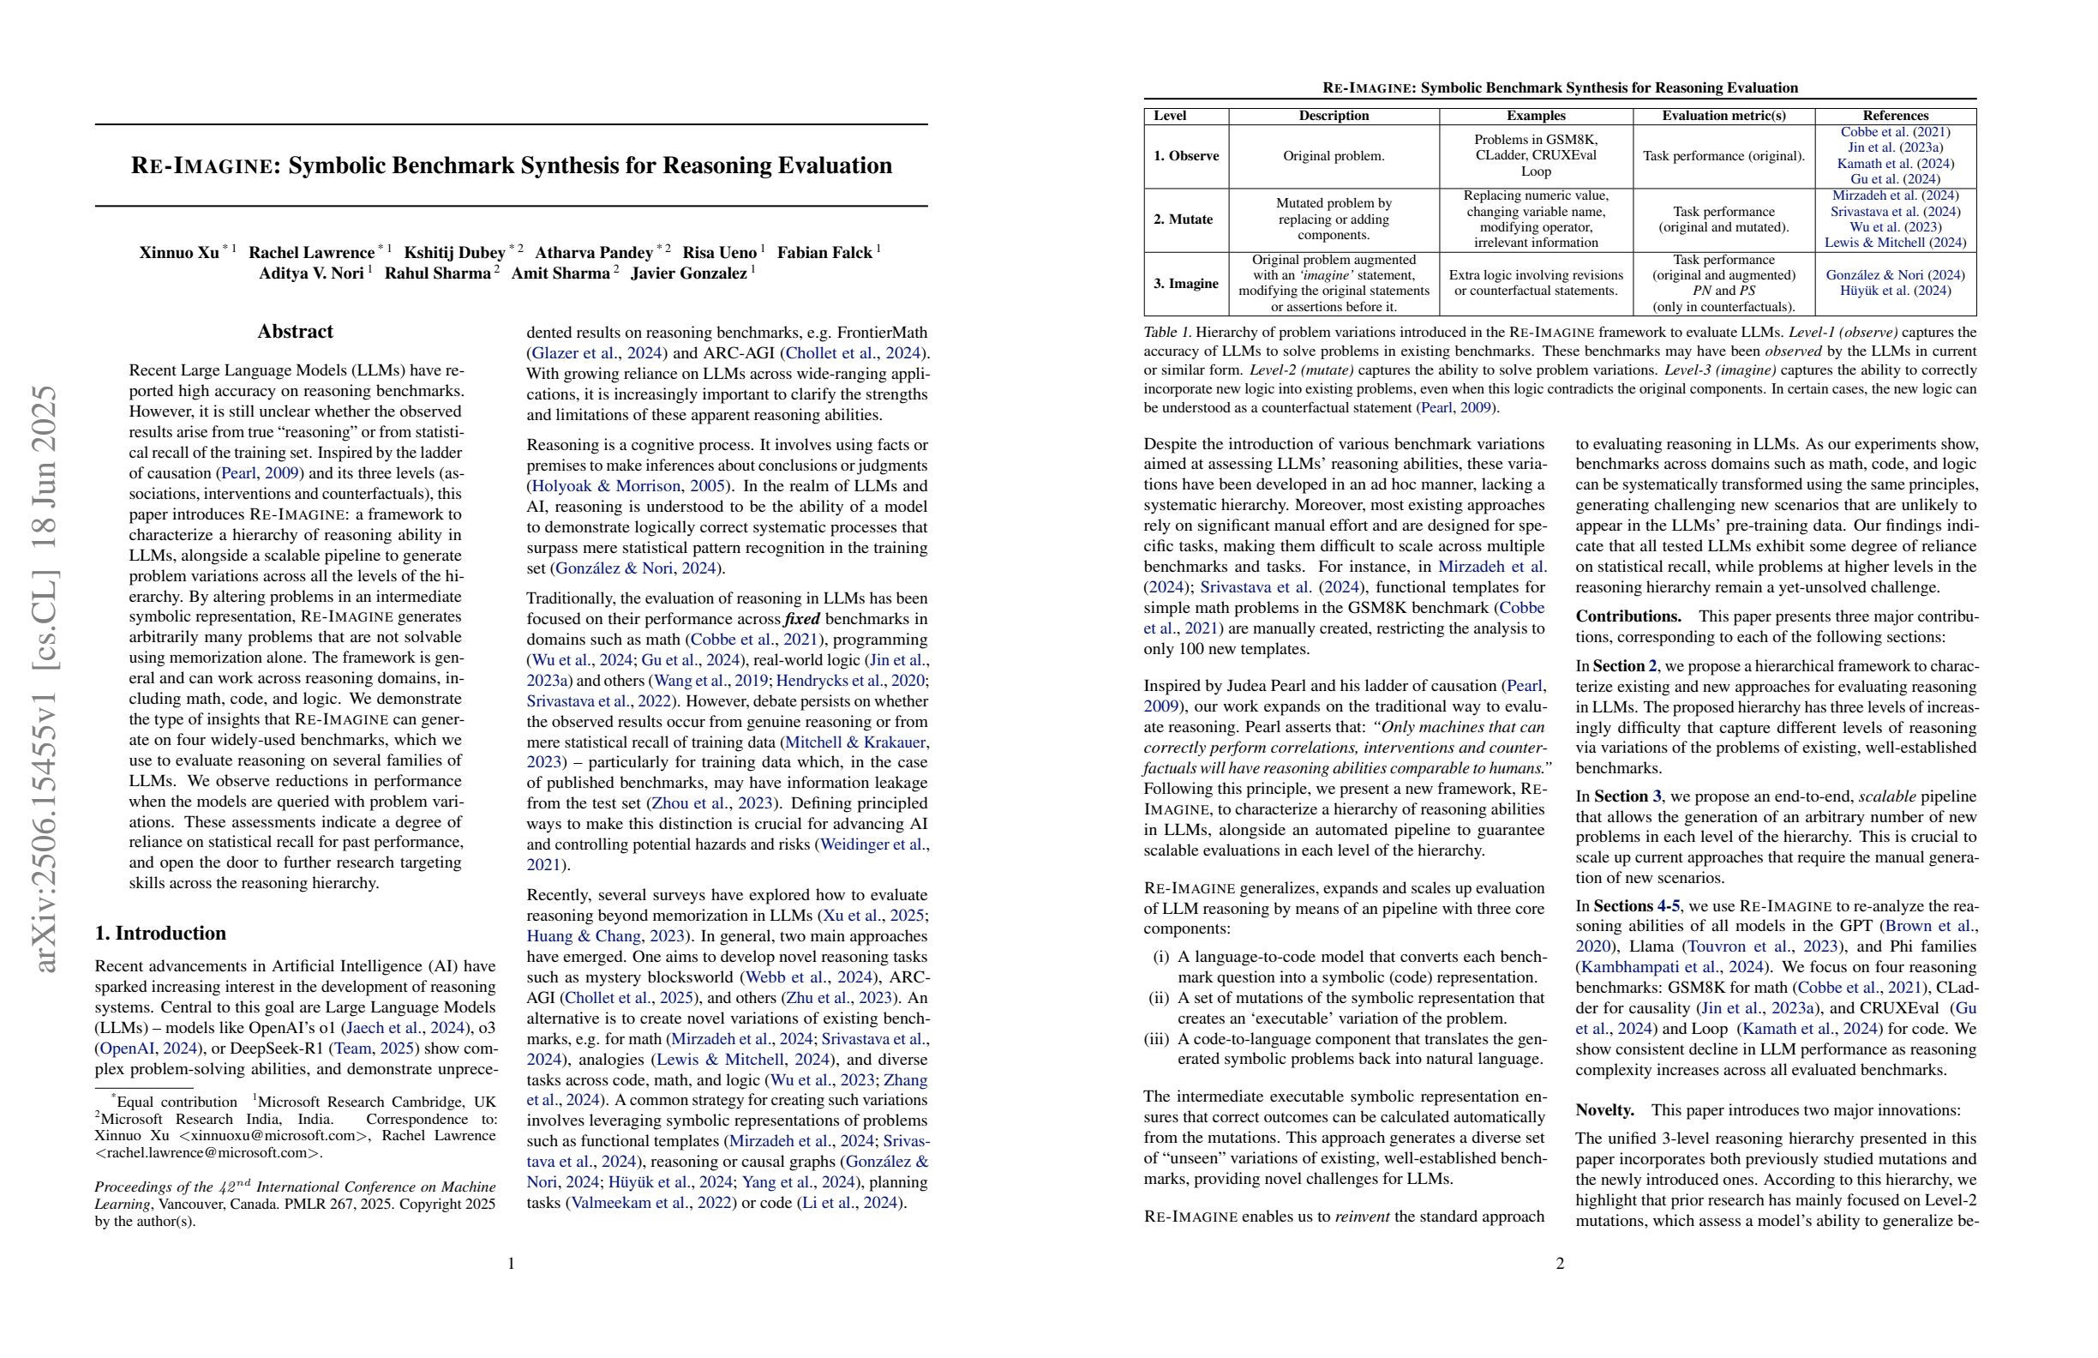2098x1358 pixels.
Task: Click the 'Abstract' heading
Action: (295, 332)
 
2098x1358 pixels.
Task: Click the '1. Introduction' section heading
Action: (160, 933)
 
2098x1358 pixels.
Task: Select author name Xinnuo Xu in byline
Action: (179, 253)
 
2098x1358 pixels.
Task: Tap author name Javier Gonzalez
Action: (688, 273)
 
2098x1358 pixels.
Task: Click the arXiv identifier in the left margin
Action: (45, 679)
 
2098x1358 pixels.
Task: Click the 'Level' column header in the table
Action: (1170, 116)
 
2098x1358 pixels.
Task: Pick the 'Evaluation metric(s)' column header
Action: (1723, 116)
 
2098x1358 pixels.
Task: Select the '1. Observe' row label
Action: (1185, 156)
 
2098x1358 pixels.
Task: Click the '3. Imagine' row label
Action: (1185, 283)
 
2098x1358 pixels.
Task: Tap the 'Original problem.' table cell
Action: (1333, 156)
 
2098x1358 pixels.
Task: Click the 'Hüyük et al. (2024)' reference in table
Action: (1894, 291)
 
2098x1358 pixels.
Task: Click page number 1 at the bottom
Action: (511, 1264)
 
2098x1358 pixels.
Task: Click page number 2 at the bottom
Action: (1560, 1264)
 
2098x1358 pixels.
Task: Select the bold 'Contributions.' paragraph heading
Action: (1628, 616)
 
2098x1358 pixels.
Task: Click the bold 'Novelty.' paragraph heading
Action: (1604, 1110)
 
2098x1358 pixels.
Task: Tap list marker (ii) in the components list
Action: (1160, 998)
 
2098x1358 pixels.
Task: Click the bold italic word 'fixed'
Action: (802, 619)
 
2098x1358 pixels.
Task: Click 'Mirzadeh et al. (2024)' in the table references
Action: (1894, 195)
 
